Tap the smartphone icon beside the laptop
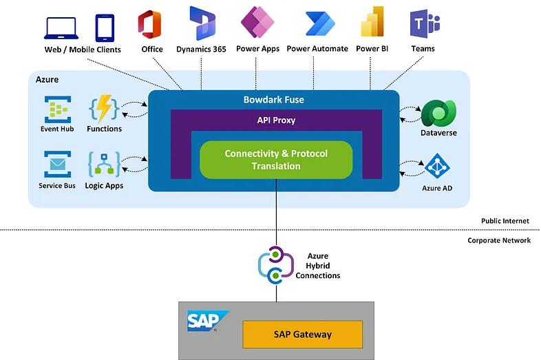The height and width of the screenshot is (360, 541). point(105,28)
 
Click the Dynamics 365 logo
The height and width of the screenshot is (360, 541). point(202,23)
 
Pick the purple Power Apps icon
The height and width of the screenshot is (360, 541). point(257,23)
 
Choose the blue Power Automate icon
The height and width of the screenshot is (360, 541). point(318,24)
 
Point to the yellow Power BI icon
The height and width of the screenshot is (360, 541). point(372,23)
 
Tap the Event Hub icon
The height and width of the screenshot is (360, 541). point(58,109)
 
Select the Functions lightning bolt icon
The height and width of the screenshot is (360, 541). point(104,109)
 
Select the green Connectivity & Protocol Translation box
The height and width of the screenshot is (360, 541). point(276,160)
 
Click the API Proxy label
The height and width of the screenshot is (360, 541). point(276,120)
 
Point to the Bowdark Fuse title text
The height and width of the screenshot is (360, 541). point(274,100)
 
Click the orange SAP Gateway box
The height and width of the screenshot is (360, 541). point(302,335)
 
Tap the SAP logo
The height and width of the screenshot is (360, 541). point(204,321)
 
